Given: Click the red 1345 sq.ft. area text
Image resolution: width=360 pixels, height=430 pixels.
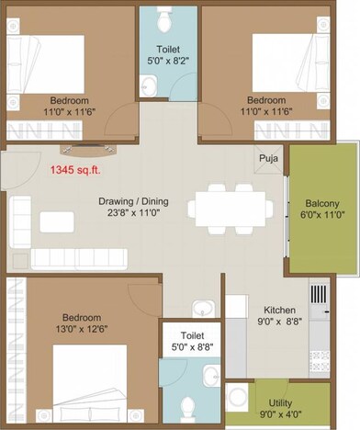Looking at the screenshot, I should (78, 170).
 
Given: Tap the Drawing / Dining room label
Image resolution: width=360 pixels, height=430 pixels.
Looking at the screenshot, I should (137, 202).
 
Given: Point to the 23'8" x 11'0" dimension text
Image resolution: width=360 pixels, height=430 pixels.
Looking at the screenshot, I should (137, 214).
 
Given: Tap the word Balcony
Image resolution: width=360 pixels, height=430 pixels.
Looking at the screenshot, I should (323, 203).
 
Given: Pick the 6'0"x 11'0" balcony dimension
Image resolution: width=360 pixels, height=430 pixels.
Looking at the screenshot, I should (323, 216).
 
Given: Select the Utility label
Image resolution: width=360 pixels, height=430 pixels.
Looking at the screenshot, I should (281, 402).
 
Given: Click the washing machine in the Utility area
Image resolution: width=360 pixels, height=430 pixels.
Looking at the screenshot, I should (239, 401).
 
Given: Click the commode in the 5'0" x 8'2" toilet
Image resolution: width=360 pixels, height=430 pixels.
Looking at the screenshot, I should (163, 18).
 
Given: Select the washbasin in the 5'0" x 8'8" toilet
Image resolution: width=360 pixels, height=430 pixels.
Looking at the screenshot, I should (210, 374).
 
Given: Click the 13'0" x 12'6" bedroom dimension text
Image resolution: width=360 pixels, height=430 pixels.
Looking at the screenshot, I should (76, 323).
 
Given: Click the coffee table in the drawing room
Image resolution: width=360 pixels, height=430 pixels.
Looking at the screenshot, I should (57, 221).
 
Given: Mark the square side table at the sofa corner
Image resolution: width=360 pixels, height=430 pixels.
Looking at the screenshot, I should (20, 259).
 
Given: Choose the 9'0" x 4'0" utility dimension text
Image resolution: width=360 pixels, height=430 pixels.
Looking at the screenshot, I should (281, 414).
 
